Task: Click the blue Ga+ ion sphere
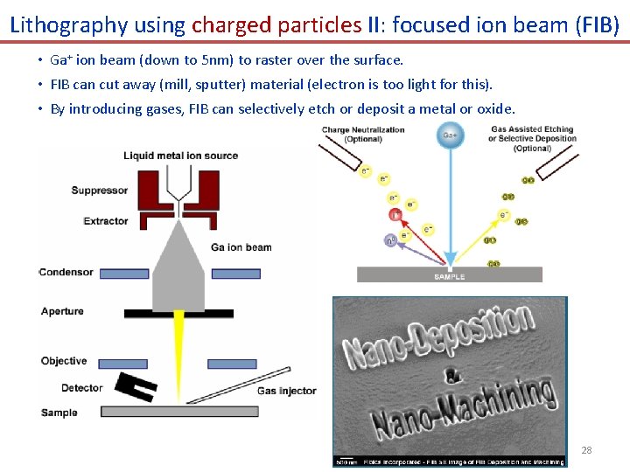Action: click(450, 135)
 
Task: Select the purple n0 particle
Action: click(390, 239)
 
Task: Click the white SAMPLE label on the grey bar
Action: click(450, 276)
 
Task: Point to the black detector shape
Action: click(136, 385)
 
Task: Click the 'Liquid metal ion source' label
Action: click(180, 156)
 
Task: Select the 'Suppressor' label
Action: click(100, 191)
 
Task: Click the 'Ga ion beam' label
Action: click(241, 247)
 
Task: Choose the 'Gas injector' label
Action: click(286, 391)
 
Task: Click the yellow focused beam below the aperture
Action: click(179, 337)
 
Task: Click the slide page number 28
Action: click(586, 450)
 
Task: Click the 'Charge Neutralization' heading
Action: click(363, 130)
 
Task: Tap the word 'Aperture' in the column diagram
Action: click(62, 311)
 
